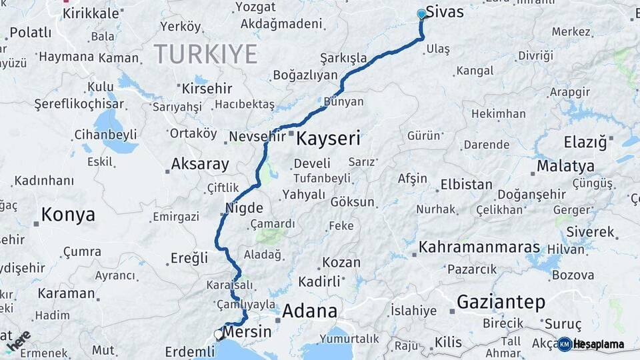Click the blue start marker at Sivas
(421, 14)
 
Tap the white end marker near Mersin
(217, 335)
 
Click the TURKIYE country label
(205, 54)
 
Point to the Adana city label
(309, 311)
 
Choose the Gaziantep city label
(501, 302)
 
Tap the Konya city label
(67, 215)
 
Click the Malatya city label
(565, 165)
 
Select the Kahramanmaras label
(479, 247)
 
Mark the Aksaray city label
(199, 163)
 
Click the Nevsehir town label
(257, 137)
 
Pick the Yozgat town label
(255, 7)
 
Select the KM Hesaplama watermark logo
(591, 344)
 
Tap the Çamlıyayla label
(246, 304)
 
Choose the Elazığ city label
(585, 142)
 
